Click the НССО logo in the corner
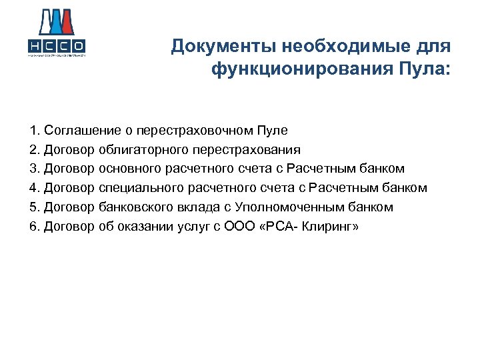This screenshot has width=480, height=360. pyautogui.click(x=56, y=33)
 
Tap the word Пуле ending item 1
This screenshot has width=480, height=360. pyautogui.click(x=274, y=131)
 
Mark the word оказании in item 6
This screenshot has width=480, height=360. pyautogui.click(x=145, y=227)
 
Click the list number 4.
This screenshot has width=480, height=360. pyautogui.click(x=33, y=188)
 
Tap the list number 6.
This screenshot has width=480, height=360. pyautogui.click(x=33, y=227)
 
